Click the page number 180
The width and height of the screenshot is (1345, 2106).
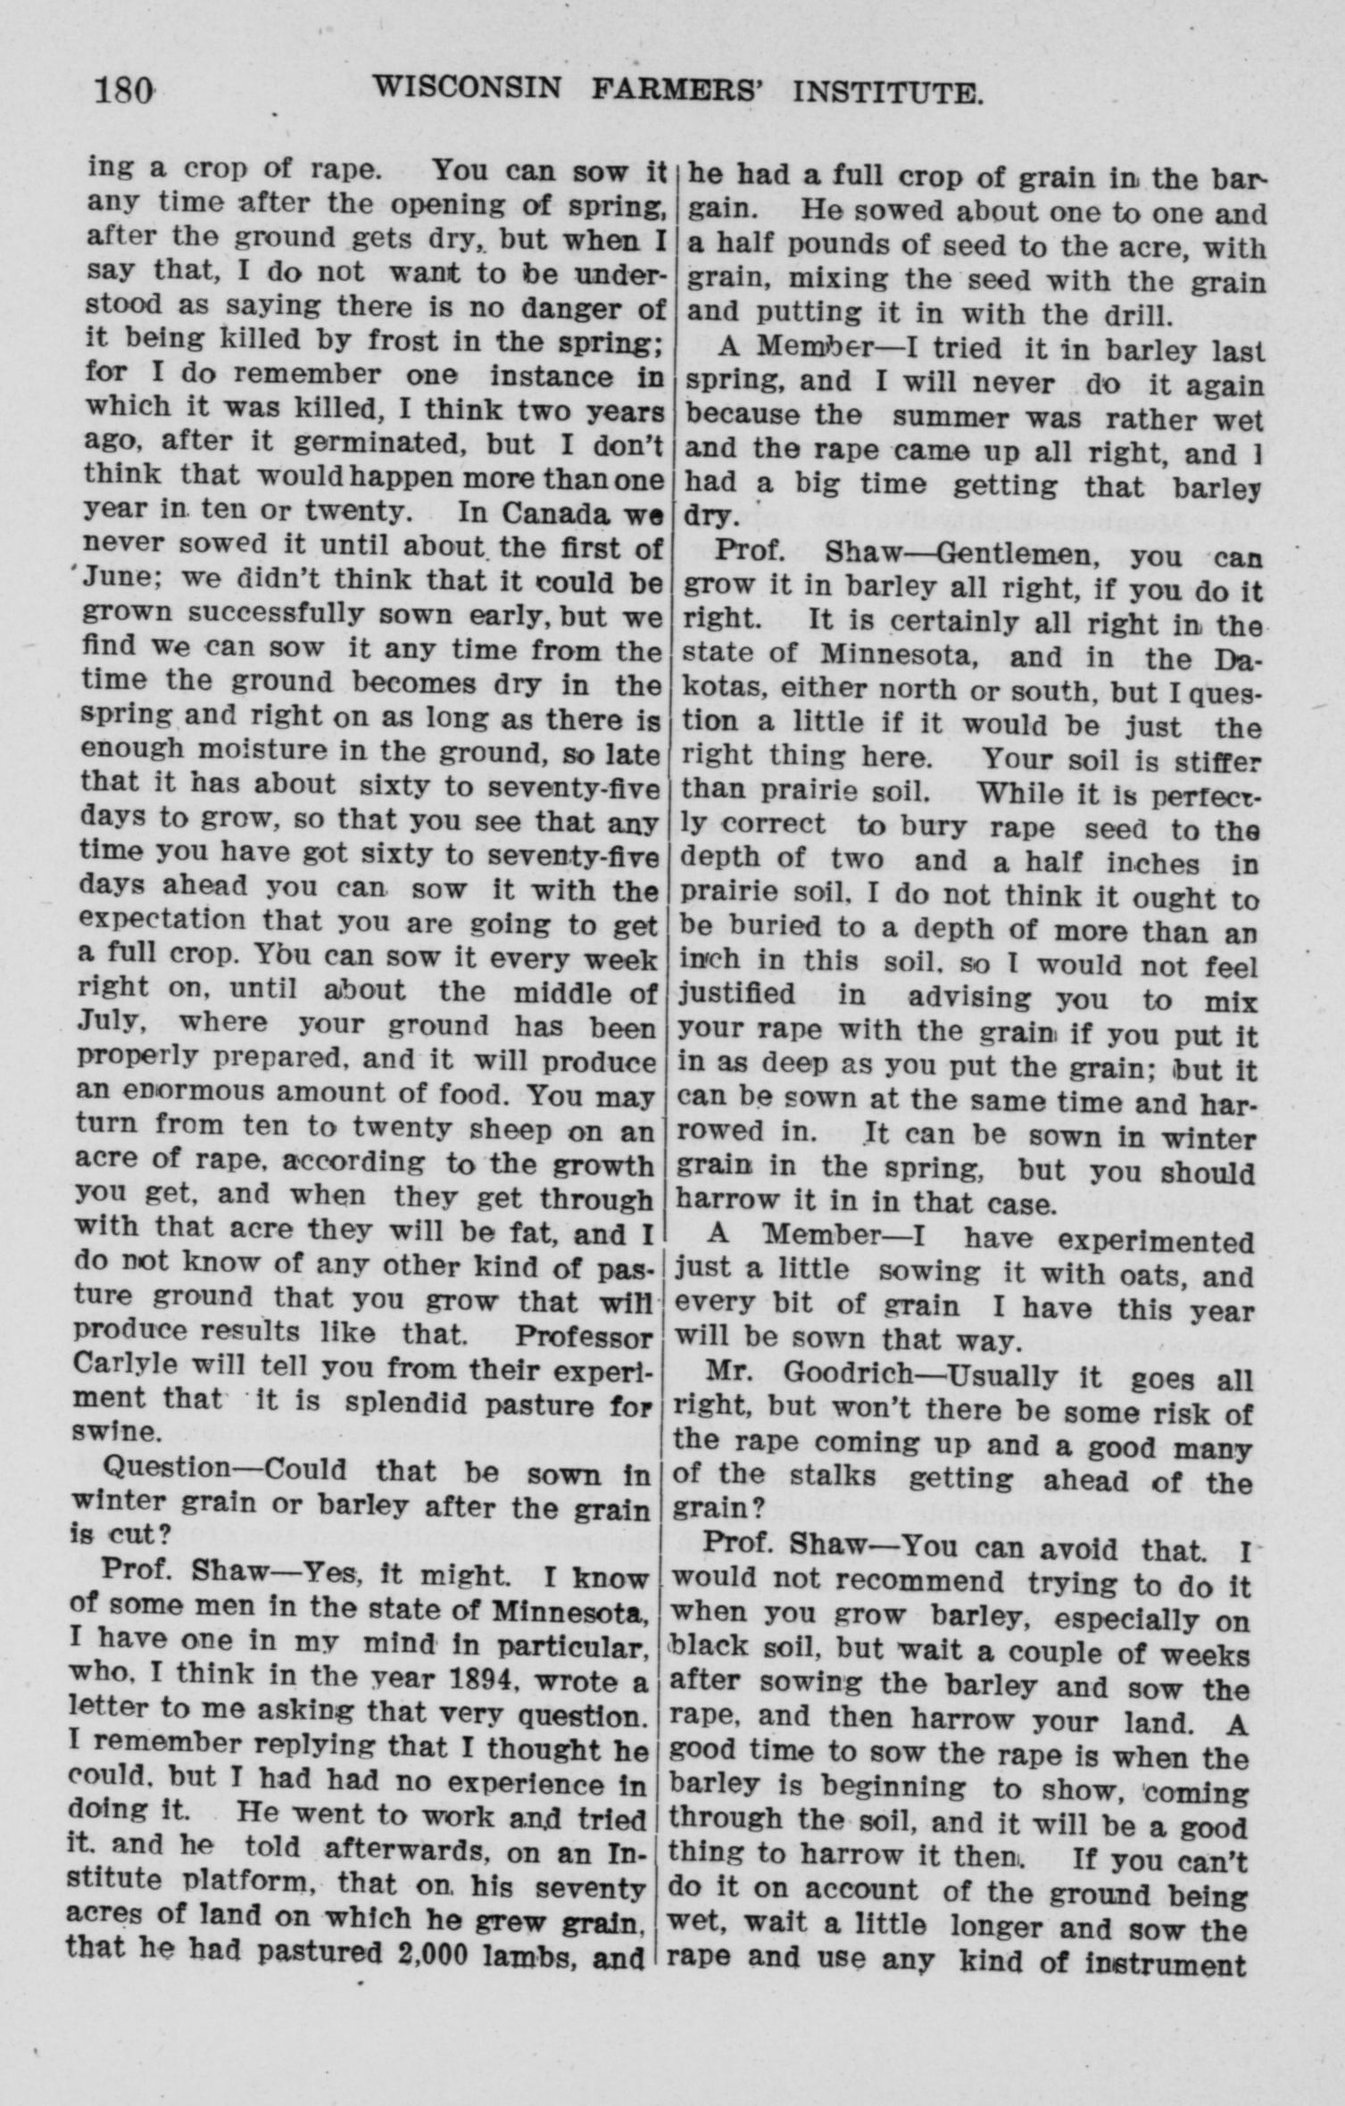click(125, 91)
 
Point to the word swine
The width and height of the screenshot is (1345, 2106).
click(114, 1431)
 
